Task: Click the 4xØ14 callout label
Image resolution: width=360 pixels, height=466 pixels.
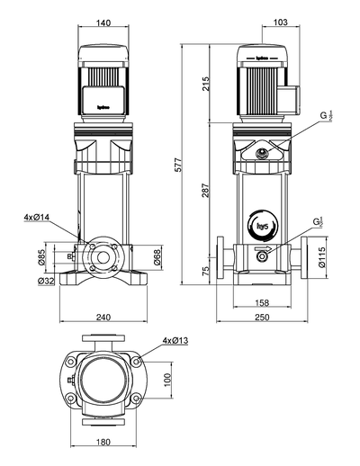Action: (x=38, y=218)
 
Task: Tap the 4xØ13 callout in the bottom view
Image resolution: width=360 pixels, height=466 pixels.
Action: (x=175, y=341)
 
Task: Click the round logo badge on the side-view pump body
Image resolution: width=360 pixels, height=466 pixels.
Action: (x=263, y=226)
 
